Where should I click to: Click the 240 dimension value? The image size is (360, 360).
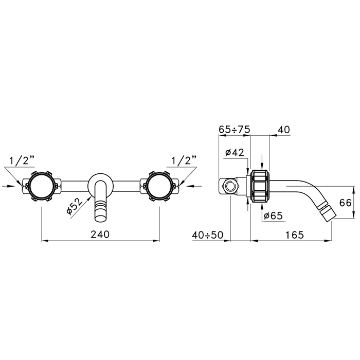pos(100,235)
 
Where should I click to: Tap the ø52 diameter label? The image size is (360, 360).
pos(75,206)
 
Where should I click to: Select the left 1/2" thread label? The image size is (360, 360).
pos(22,160)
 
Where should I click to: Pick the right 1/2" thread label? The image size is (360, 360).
pos(184,160)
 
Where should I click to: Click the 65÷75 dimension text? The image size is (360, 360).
pos(234,130)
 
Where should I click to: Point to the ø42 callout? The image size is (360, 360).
pos(235,152)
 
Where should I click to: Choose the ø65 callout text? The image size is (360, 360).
pos(273,216)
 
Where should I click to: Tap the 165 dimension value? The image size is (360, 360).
pos(295,235)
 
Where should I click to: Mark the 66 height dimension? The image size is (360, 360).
pos(345,203)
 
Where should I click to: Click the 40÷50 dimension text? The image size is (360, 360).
pos(208,235)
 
